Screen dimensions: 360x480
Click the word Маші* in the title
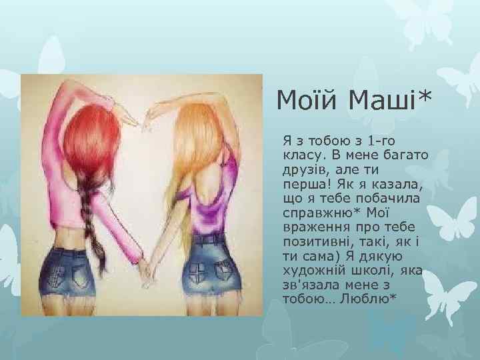[388, 102]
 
